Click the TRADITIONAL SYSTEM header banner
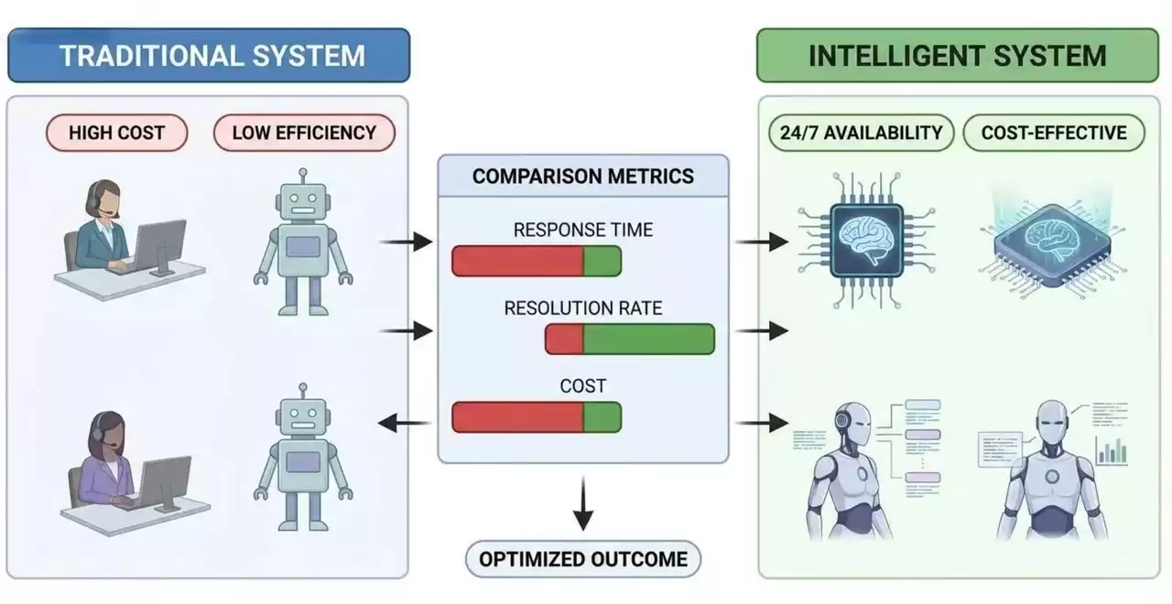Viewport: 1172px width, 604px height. (x=209, y=55)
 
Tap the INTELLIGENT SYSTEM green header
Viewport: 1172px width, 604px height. (x=957, y=55)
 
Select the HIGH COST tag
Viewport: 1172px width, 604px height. (x=116, y=133)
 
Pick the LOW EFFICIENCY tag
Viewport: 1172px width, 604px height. (x=304, y=133)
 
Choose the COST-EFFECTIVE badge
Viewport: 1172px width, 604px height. (x=1054, y=133)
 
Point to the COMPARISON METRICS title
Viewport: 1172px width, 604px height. (x=583, y=176)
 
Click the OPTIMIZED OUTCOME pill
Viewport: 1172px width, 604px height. (x=582, y=558)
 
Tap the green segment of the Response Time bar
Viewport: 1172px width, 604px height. (x=602, y=261)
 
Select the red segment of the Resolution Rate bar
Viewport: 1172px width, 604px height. (x=564, y=340)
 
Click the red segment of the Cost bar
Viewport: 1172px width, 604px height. (x=517, y=417)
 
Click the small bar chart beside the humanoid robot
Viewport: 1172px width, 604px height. (x=1111, y=449)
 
